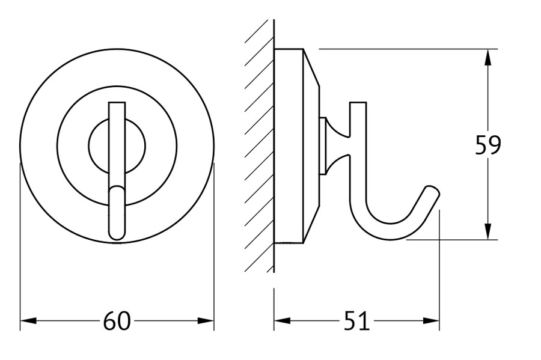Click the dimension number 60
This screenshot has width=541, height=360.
pyautogui.click(x=117, y=321)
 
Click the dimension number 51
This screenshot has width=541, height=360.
pyautogui.click(x=356, y=321)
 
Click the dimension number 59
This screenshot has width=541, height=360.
pyautogui.click(x=488, y=145)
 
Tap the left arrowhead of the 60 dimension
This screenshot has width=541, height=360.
pyautogui.click(x=29, y=321)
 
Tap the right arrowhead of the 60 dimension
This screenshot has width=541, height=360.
pyautogui.click(x=206, y=321)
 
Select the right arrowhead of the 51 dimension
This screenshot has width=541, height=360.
pyautogui.click(x=431, y=321)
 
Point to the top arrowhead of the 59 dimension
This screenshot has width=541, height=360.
pyautogui.click(x=488, y=58)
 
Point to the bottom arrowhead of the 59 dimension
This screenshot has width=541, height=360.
pyautogui.click(x=488, y=231)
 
